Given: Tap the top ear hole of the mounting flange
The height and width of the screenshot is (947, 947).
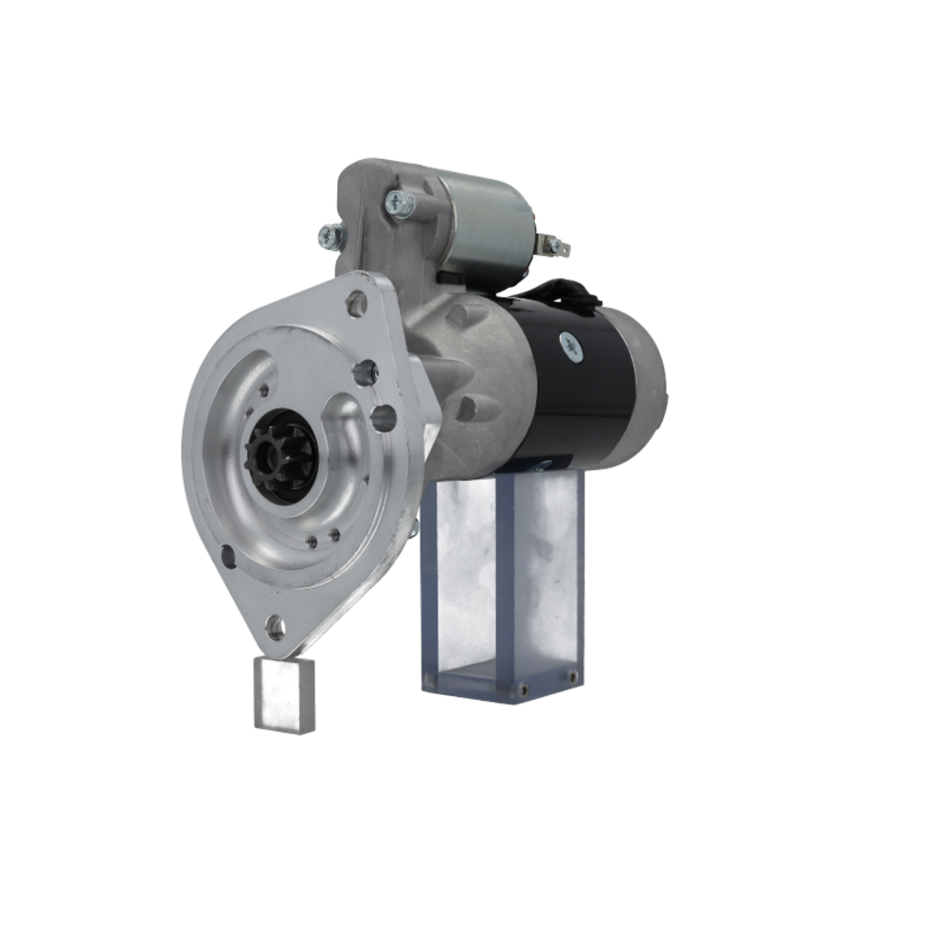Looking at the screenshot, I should click(x=356, y=303).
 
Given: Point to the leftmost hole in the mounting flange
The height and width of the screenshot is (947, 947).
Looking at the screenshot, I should click(x=228, y=557).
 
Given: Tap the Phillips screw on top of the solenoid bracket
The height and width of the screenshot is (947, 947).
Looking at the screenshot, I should click(x=398, y=202).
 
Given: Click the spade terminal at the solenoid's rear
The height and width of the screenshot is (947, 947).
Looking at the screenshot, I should click(x=555, y=246).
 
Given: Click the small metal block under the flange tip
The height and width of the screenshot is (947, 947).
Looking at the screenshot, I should click(x=284, y=694).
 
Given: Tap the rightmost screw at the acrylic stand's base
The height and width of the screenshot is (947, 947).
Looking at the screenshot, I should click(x=572, y=676).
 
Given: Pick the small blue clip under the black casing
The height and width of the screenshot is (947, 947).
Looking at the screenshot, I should click(x=542, y=465).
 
